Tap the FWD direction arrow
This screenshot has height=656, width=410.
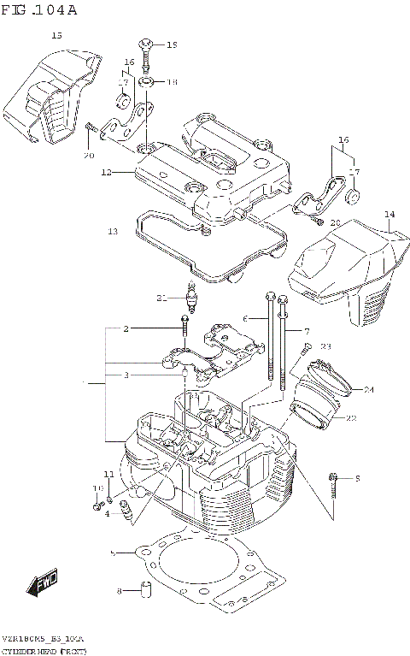pyautogui.click(x=42, y=583)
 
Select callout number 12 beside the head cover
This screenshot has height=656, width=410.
pyautogui.click(x=106, y=172)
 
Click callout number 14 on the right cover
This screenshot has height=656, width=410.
pyautogui.click(x=389, y=215)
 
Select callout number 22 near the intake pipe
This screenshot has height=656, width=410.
pyautogui.click(x=349, y=417)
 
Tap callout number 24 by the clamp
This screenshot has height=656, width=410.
pyautogui.click(x=369, y=390)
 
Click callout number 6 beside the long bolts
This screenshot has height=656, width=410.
pyautogui.click(x=244, y=318)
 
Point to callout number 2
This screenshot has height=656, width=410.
pyautogui.click(x=126, y=328)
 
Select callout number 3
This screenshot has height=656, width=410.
pyautogui.click(x=126, y=375)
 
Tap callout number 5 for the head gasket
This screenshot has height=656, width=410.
pyautogui.click(x=112, y=553)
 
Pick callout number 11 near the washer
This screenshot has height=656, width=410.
pyautogui.click(x=108, y=474)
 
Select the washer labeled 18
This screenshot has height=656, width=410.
pyautogui.click(x=146, y=83)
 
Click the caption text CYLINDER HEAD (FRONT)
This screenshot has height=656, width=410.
pyautogui.click(x=39, y=651)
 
